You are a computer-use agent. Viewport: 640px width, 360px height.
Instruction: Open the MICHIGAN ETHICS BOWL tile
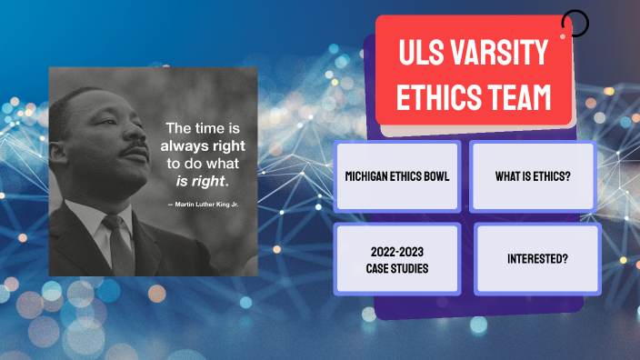pyautogui.click(x=397, y=175)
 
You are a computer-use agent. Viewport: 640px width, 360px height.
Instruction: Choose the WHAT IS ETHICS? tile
pyautogui.click(x=534, y=175)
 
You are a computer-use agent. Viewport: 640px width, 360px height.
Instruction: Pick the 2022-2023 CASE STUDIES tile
pyautogui.click(x=397, y=259)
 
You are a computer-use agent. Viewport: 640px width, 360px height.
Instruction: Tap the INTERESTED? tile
pyautogui.click(x=537, y=259)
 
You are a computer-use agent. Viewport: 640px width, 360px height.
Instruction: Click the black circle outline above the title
pyautogui.click(x=575, y=23)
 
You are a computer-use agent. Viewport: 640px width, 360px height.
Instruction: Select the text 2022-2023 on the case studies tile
pyautogui.click(x=397, y=252)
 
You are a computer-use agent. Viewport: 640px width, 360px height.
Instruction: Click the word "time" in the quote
pyautogui.click(x=208, y=128)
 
